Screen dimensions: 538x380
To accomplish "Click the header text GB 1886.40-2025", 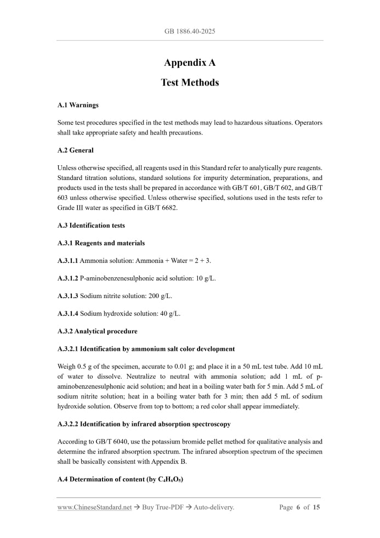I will (190, 31).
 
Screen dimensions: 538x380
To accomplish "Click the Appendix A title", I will (190, 63).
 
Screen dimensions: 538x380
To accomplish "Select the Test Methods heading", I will (190, 83).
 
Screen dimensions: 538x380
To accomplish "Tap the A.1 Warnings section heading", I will (78, 104).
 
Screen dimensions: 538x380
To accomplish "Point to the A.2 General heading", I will (75, 150).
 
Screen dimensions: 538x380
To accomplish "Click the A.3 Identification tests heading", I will (91, 225).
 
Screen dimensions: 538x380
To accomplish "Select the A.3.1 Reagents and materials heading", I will (101, 243).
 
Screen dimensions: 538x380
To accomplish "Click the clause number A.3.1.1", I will (67, 260).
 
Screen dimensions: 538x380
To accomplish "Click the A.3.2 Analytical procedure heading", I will (97, 331).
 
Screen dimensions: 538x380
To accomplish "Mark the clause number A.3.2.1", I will (68, 349).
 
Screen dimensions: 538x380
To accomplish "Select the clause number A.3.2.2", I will (68, 424).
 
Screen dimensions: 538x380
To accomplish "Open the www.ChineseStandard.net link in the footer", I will (94, 507).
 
